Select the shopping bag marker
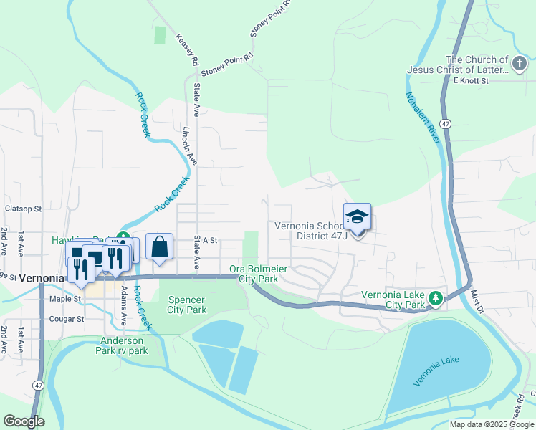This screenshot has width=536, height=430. pyautogui.click(x=160, y=247)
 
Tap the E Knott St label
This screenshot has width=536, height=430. pyautogui.click(x=470, y=81)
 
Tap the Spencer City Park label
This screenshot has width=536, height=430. pyautogui.click(x=186, y=305)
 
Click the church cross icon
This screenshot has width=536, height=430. pyautogui.click(x=519, y=65)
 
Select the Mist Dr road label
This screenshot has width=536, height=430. pyautogui.click(x=477, y=301)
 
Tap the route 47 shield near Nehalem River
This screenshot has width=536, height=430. pyautogui.click(x=445, y=124)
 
